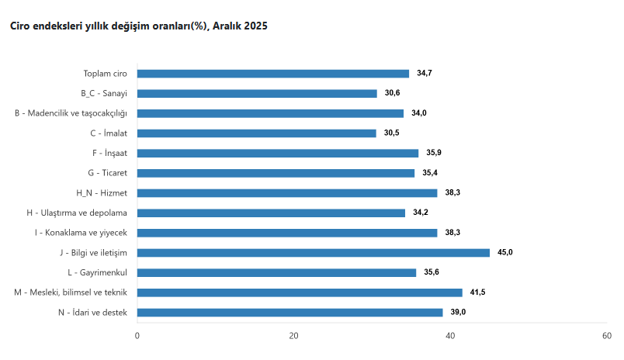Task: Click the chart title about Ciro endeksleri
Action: tap(138, 26)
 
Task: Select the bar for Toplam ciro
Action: tap(273, 74)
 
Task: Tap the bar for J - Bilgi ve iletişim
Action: tap(314, 252)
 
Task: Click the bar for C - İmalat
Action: tap(257, 133)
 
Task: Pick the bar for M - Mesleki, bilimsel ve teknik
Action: tap(300, 292)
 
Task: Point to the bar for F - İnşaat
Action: tap(278, 153)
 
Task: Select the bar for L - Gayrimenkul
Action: tap(276, 272)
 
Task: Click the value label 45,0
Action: tap(505, 252)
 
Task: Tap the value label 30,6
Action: tap(393, 93)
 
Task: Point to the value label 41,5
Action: tap(477, 292)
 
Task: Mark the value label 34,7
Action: tap(425, 74)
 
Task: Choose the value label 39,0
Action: tap(458, 312)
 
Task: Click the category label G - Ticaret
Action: tap(108, 173)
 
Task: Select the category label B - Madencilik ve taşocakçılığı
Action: tap(71, 113)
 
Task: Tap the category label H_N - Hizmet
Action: tap(102, 192)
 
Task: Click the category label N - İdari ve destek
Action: tap(92, 312)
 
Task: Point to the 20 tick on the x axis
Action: tap(293, 336)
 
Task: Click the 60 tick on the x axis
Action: tap(606, 336)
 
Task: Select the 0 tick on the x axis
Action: tap(137, 336)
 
